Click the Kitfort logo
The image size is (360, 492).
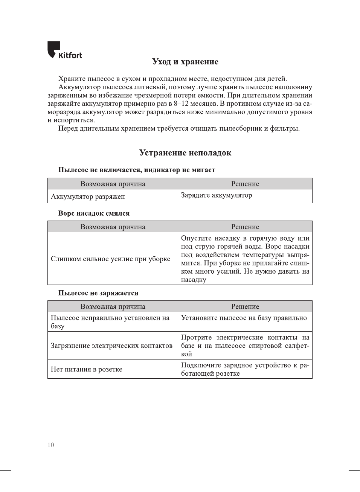(64, 50)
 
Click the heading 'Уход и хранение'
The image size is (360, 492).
(185, 62)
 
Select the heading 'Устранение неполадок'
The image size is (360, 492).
(185, 153)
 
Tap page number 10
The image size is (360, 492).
(51, 445)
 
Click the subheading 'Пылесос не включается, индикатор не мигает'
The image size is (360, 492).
(137, 170)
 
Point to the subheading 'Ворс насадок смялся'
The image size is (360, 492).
(94, 213)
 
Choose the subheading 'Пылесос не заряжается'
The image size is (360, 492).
(98, 293)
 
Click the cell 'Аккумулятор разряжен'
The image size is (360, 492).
(88, 196)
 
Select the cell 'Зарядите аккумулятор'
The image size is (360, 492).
(217, 195)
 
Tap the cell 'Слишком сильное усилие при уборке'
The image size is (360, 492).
(111, 259)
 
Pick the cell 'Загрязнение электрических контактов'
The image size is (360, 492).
(112, 346)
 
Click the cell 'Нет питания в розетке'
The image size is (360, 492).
(87, 369)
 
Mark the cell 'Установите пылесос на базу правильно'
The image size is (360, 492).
(244, 318)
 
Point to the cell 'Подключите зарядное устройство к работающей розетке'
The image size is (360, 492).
(245, 369)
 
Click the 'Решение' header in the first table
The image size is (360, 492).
(245, 184)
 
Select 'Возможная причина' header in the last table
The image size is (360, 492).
(113, 306)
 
